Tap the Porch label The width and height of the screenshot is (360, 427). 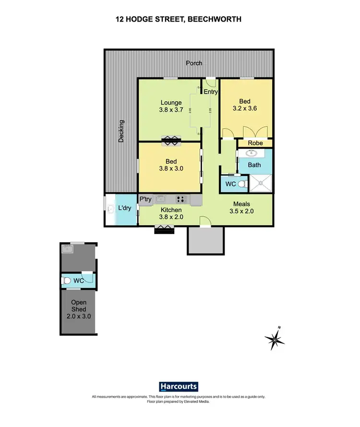[194, 63]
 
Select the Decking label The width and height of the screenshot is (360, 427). [122, 131]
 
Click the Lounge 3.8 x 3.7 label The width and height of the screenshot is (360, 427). [171, 106]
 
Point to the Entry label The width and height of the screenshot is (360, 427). [211, 92]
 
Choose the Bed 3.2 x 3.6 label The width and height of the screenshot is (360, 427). [245, 105]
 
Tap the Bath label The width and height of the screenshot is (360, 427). [254, 165]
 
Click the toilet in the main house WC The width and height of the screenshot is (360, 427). [242, 183]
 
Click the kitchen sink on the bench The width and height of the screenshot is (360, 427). [161, 199]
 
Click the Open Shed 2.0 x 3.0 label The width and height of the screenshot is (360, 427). [79, 309]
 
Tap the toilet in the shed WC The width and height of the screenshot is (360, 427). [67, 280]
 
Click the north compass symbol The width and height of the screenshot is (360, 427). [275, 339]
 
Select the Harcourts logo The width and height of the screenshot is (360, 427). [178, 387]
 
